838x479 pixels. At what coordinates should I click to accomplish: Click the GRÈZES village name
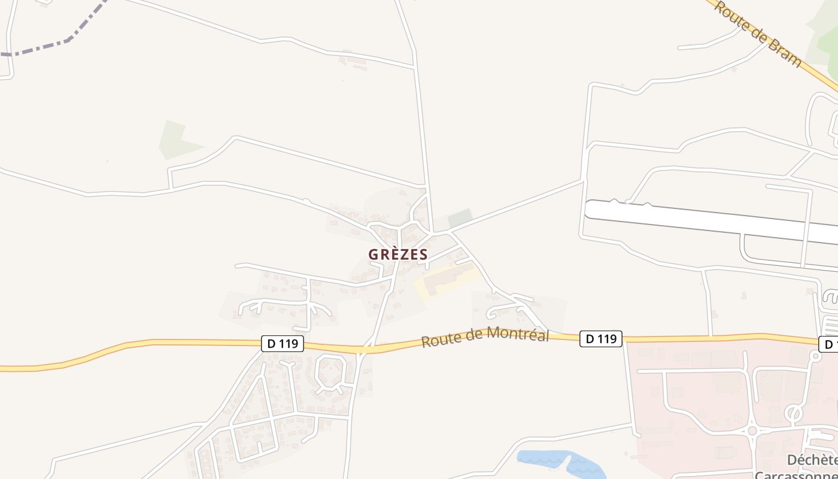398,254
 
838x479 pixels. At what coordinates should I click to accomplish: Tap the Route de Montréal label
485,337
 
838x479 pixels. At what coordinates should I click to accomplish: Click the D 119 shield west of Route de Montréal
283,344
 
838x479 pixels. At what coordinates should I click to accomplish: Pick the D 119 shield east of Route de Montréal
601,339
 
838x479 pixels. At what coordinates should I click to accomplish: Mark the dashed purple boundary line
66,41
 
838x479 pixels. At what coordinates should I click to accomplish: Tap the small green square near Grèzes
460,218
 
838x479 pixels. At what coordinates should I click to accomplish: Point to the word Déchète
812,460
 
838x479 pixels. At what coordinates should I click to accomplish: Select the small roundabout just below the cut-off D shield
815,356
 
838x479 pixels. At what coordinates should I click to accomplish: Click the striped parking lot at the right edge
831,326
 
